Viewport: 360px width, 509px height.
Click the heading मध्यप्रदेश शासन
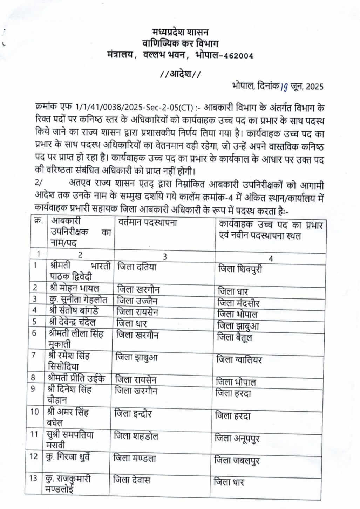tap(180, 33)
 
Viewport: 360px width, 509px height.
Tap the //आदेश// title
tap(180, 74)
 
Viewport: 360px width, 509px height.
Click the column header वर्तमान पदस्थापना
tap(147, 222)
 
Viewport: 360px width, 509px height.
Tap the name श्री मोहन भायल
tap(74, 288)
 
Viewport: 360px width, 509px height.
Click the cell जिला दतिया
tap(137, 267)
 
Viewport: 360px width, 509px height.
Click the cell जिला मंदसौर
tap(238, 303)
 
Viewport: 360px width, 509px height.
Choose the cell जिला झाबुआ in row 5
tap(238, 326)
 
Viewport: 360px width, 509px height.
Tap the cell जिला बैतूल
tap(235, 337)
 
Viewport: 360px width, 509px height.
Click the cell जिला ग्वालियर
tap(239, 360)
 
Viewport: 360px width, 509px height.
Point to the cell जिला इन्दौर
tap(133, 414)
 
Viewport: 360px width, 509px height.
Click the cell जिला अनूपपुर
tap(237, 438)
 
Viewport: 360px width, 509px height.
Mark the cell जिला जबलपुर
tap(237, 460)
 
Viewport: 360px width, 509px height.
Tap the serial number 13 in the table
tap(33, 479)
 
